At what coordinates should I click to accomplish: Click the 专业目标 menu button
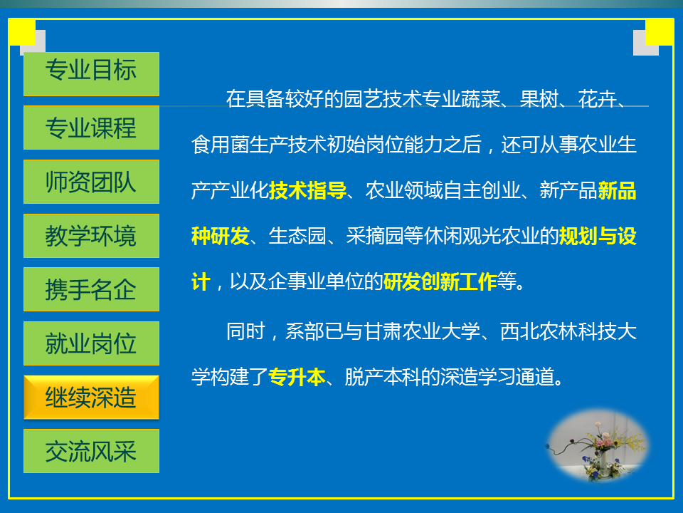tap(91, 73)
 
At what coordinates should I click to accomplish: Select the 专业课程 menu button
tap(91, 128)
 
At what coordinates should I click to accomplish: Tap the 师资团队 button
tap(91, 182)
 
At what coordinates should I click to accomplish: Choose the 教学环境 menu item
tap(91, 236)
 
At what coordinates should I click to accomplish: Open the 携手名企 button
tap(91, 289)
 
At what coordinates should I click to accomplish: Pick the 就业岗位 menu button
tap(91, 343)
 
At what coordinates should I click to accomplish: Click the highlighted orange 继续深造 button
tap(91, 398)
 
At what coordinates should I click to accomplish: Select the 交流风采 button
tap(91, 451)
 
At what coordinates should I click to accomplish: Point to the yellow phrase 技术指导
tap(307, 191)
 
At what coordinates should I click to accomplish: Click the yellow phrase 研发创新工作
tap(440, 281)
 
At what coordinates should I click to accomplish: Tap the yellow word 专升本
tap(297, 377)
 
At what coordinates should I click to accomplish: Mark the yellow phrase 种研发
tap(221, 236)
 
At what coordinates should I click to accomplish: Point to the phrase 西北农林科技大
tap(568, 331)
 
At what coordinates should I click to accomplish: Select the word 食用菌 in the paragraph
tap(221, 145)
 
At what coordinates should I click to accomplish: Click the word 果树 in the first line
tap(539, 99)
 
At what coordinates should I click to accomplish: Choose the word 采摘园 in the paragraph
tap(375, 236)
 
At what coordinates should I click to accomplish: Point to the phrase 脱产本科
tap(383, 377)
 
